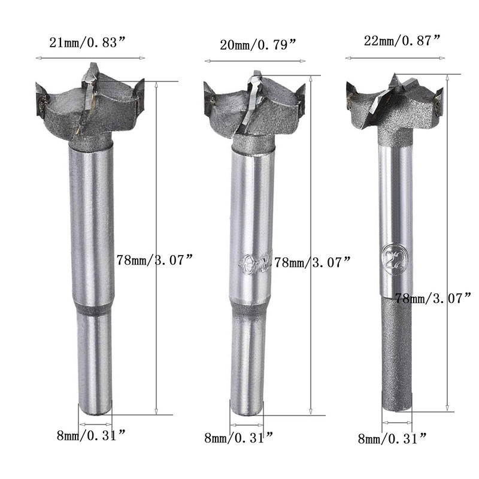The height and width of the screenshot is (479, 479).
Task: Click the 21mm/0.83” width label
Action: click(87, 43)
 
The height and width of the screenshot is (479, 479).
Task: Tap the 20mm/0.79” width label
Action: click(258, 46)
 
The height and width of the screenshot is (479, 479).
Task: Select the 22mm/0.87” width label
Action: click(402, 41)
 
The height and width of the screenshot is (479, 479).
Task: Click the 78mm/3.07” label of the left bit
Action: click(155, 260)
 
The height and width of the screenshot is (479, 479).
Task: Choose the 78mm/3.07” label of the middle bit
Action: click(312, 262)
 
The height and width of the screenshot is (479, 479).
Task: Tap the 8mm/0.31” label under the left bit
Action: click(92, 435)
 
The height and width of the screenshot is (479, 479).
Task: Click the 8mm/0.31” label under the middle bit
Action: click(238, 438)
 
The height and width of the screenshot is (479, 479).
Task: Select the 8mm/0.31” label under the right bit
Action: click(392, 439)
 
